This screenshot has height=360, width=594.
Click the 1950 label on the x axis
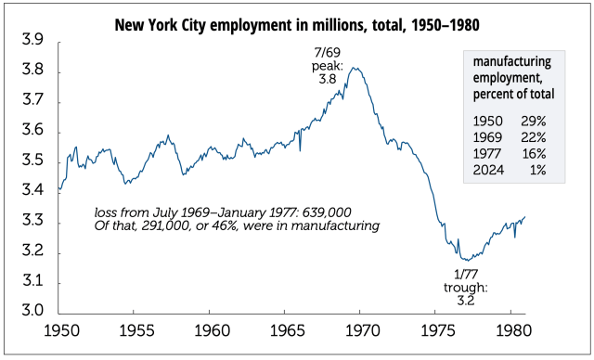[x=60, y=330]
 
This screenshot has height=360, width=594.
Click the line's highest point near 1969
[x=352, y=68]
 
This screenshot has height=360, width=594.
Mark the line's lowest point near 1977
[x=461, y=261]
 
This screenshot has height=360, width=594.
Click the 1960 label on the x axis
[x=211, y=330]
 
